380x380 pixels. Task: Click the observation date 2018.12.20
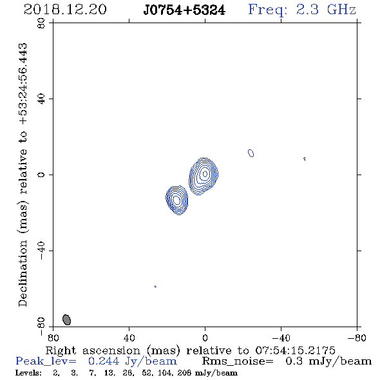pos(65,10)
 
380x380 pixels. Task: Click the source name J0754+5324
pos(184,10)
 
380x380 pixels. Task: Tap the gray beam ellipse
pos(66,319)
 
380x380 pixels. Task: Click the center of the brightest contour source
pos(205,173)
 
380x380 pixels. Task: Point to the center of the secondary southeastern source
pos(177,200)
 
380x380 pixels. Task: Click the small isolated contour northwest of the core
pos(251,153)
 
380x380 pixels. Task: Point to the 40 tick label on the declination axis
pos(41,99)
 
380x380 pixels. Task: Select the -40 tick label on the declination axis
pos(41,251)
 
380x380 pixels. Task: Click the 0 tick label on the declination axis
pos(41,175)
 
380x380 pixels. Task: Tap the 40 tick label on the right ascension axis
pos(129,338)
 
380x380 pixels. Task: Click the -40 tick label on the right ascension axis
pos(281,338)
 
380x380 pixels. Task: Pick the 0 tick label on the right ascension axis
pos(205,338)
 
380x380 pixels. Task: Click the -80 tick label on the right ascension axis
pos(357,338)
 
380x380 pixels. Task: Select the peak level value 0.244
pos(104,361)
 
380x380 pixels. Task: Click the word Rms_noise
pos(238,361)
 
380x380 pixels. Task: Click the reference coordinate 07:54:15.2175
pos(295,350)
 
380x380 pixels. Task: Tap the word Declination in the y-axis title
pos(23,274)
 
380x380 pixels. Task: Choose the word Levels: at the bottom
pos(28,373)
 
